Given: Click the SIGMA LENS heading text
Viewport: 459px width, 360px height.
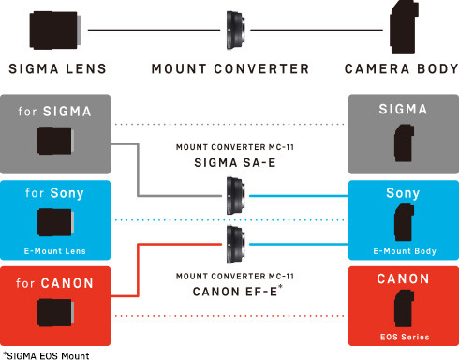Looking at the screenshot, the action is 58,68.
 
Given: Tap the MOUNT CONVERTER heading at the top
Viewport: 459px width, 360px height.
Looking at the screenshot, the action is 230,68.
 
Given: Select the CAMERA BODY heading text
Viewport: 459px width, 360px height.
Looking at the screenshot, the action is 402,68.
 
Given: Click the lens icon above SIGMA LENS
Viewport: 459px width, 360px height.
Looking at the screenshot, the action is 55,30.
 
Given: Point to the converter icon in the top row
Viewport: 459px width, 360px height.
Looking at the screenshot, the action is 235,30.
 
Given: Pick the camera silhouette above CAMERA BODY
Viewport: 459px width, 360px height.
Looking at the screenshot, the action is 404,27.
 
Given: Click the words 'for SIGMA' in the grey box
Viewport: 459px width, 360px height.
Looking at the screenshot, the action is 54,112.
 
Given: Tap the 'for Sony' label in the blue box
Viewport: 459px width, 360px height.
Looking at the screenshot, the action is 54,193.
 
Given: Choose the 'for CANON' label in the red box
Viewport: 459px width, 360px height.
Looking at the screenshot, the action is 54,283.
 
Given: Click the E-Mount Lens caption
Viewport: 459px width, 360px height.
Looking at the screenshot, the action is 55,251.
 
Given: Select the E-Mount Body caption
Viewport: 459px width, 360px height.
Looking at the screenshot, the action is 405,251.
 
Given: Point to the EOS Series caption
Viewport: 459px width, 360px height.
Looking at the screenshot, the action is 405,337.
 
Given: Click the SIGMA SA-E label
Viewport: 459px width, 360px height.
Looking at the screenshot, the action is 235,163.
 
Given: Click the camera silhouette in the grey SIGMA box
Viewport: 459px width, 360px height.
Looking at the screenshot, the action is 404,142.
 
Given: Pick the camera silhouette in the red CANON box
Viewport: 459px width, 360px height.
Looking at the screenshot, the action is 404,308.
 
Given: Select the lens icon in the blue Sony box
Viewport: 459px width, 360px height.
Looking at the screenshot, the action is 55,222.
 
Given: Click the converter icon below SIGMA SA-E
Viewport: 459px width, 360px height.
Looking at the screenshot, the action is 236,196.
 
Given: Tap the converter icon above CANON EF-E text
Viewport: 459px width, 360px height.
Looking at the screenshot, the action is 236,245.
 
